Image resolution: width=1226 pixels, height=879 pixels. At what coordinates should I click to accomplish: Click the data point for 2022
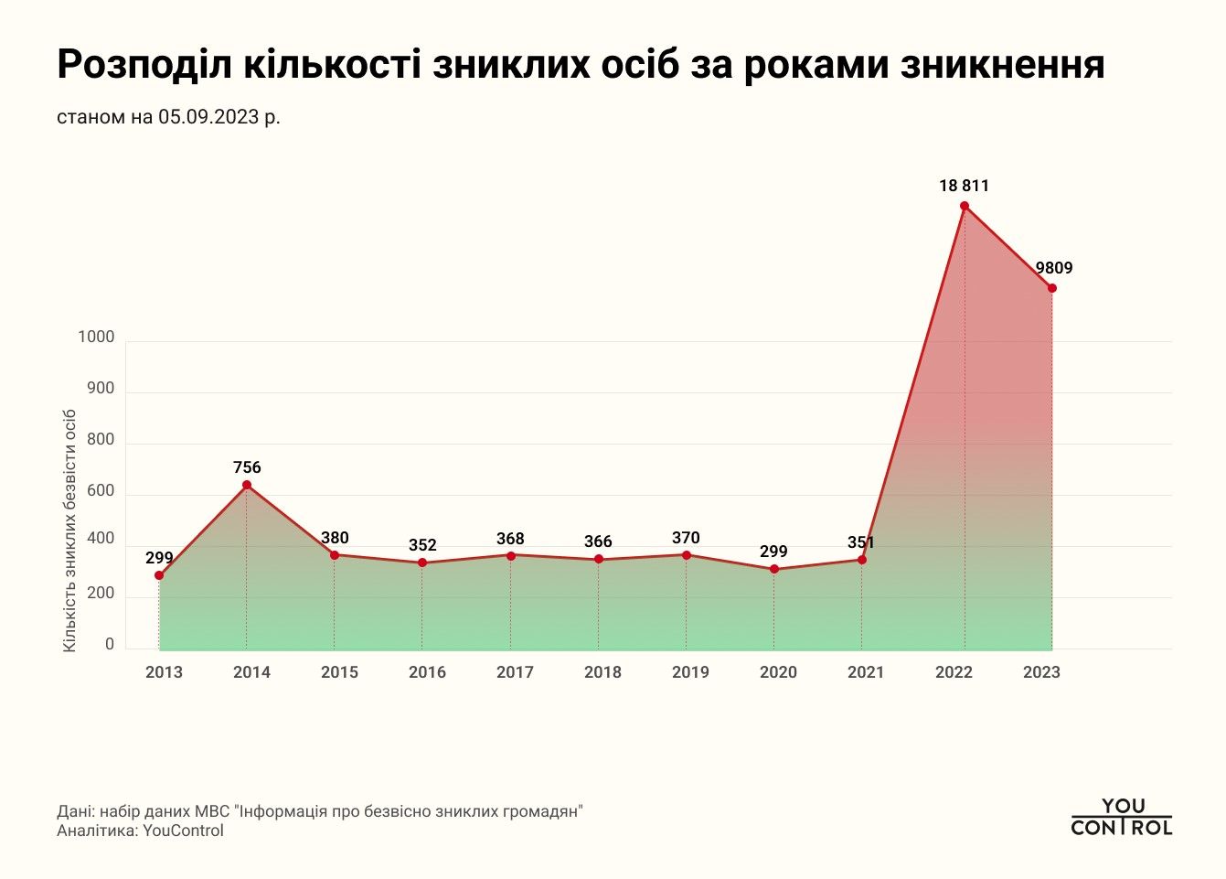click(964, 206)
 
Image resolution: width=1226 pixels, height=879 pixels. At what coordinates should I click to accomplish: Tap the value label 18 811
click(964, 186)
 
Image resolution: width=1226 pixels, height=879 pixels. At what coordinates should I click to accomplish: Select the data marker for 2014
click(247, 485)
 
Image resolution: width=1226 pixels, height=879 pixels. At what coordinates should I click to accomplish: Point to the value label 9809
click(1053, 268)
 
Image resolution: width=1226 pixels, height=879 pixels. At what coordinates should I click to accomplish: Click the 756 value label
click(247, 467)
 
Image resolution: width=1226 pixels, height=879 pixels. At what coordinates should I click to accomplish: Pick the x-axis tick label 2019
click(690, 672)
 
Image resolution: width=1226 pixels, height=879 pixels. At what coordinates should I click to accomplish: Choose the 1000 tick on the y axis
click(96, 338)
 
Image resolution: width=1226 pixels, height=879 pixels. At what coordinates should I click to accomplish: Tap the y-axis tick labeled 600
click(101, 491)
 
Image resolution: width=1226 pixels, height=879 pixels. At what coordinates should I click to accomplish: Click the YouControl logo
click(1121, 817)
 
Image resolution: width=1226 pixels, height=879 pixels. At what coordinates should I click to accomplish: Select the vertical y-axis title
click(69, 531)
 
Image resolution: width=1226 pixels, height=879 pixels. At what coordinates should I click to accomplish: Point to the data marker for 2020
click(774, 569)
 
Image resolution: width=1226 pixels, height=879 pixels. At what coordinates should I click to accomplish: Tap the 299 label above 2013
click(159, 558)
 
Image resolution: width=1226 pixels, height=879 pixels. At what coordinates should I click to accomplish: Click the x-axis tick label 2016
click(427, 672)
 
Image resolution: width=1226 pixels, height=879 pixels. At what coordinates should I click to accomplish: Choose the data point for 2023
click(1052, 288)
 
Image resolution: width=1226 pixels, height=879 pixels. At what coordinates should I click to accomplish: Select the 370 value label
click(686, 538)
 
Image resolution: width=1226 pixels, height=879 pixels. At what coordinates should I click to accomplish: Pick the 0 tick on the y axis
click(110, 645)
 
